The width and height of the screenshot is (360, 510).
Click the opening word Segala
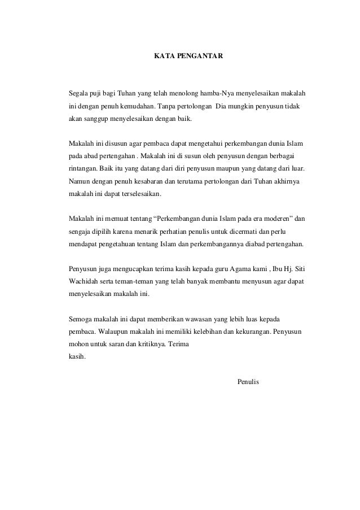78,92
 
